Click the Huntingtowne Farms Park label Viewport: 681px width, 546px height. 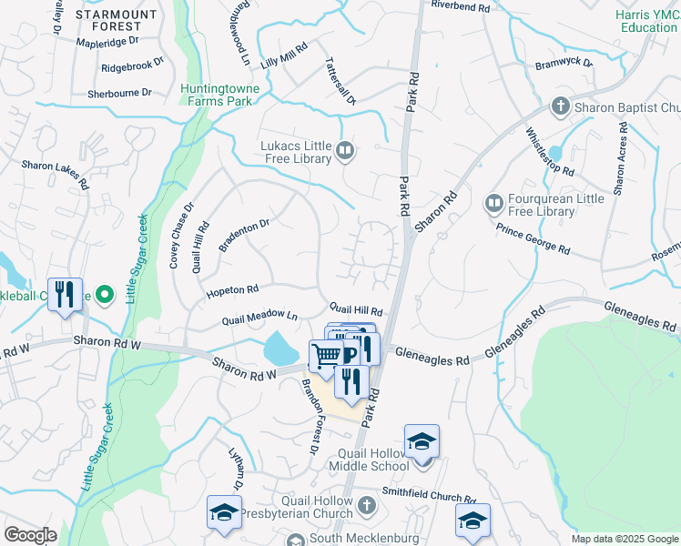tap(219, 95)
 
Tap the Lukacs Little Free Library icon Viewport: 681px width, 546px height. tap(345, 150)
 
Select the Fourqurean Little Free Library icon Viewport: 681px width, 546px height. tap(493, 201)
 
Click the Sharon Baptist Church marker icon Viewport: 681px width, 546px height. tap(561, 107)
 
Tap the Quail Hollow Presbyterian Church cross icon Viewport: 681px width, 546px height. tap(365, 504)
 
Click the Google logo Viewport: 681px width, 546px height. tap(31, 535)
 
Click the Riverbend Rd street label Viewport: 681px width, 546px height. tap(461, 5)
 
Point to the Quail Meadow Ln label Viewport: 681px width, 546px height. tap(261, 317)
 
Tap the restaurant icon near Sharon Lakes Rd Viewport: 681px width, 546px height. tap(65, 294)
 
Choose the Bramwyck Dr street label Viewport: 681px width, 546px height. tap(564, 64)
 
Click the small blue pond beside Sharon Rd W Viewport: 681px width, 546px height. tap(280, 347)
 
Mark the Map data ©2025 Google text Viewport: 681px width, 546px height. tap(624, 539)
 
